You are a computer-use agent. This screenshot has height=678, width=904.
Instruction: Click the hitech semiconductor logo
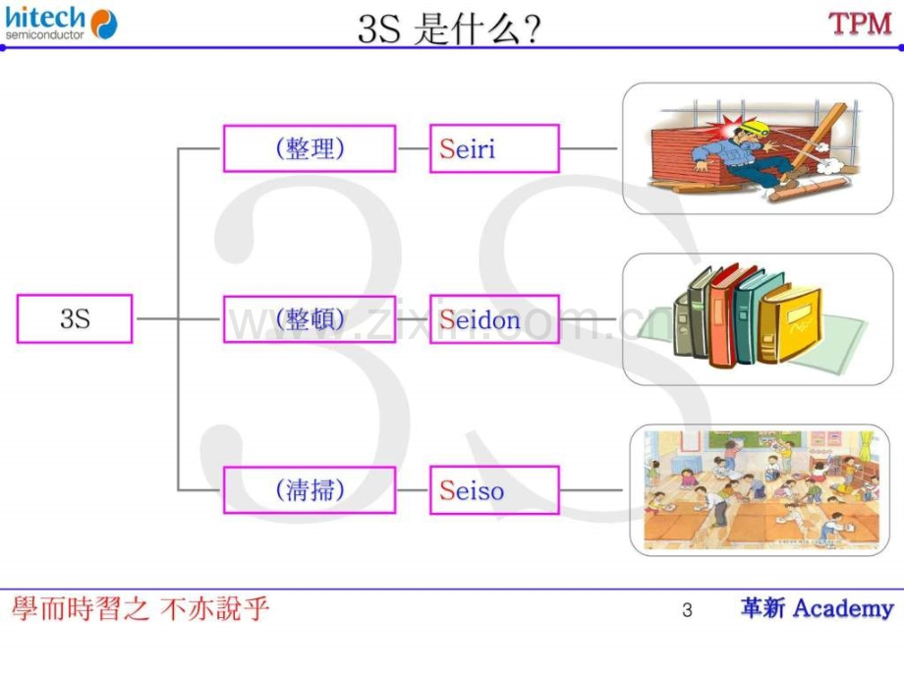click(x=61, y=23)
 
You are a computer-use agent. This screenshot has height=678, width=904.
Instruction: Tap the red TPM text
click(x=860, y=25)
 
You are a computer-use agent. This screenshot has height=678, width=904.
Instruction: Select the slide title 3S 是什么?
click(x=449, y=28)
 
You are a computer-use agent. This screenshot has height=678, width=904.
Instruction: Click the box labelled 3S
click(x=75, y=318)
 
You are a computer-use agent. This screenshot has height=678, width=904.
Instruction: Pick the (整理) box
click(x=310, y=148)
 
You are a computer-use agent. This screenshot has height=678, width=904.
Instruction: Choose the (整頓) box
click(x=310, y=319)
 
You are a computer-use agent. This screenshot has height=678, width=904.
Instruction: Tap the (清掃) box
click(x=310, y=490)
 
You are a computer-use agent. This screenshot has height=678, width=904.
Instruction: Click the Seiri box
click(x=494, y=148)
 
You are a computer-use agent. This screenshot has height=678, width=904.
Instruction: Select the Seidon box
click(x=494, y=319)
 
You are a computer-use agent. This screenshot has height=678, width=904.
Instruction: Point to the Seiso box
click(x=494, y=490)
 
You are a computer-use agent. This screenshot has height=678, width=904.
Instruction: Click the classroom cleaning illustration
click(x=760, y=490)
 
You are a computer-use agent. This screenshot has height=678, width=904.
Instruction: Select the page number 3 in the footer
click(x=687, y=610)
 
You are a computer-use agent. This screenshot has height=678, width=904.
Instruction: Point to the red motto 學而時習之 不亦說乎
click(x=141, y=609)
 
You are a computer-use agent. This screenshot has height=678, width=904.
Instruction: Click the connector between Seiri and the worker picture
click(x=588, y=148)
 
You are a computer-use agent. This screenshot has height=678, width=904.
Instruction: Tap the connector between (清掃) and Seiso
click(x=413, y=490)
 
